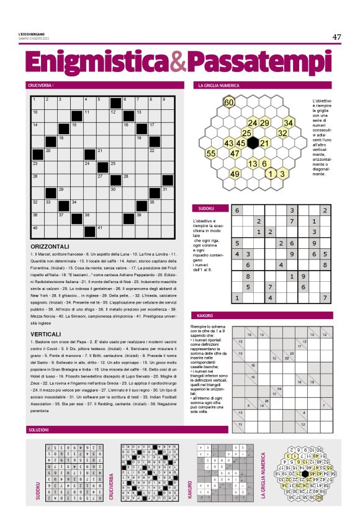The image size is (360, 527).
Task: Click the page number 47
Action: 337,37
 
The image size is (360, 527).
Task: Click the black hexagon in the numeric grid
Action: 253,143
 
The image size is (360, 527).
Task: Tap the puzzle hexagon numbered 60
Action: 229,102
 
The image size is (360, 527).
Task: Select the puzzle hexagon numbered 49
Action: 235,174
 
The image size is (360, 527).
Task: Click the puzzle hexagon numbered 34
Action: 288,123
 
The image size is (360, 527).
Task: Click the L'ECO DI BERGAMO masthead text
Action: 40,34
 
